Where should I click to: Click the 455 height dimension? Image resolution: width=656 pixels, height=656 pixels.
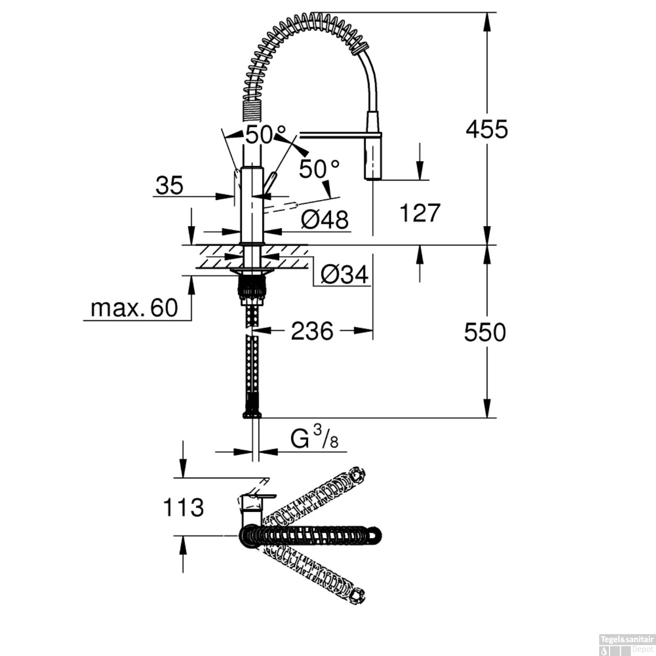tap(486, 129)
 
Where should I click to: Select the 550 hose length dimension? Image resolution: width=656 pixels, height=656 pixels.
tap(485, 332)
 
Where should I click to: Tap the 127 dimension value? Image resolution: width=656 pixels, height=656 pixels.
tap(420, 213)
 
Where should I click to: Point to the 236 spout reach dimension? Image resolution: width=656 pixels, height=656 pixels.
tap(312, 331)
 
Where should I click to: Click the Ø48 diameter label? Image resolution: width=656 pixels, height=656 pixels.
tap(325, 219)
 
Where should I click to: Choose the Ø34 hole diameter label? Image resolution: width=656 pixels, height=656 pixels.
tap(345, 275)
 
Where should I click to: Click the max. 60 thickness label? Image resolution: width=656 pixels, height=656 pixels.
tap(134, 308)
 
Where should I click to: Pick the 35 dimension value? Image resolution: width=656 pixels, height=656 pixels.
tap(169, 185)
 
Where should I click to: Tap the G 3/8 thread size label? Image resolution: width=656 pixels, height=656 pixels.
tap(314, 438)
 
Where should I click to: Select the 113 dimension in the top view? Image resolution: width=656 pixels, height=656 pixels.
tap(183, 508)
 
